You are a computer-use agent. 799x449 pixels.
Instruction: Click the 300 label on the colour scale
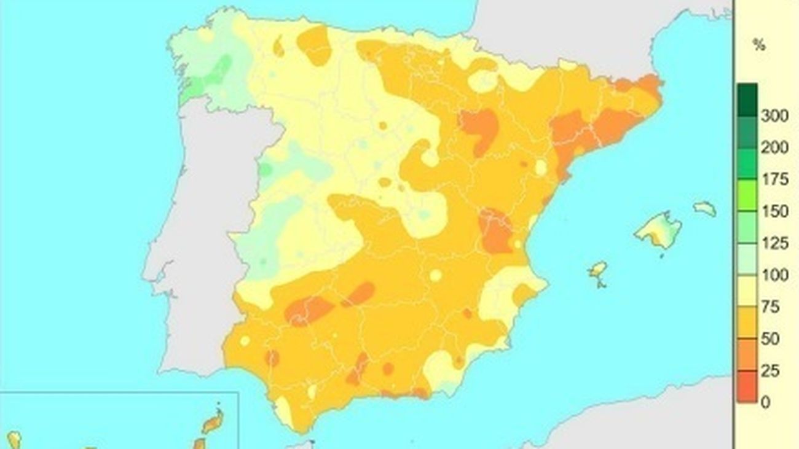774,116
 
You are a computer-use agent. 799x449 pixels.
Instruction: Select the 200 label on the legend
774,148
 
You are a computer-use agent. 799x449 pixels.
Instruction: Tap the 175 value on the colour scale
774,180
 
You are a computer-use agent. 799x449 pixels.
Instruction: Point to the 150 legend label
774,212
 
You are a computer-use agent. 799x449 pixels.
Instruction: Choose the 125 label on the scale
774,244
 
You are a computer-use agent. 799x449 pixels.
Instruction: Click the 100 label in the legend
774,276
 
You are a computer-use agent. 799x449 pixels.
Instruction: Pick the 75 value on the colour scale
770,307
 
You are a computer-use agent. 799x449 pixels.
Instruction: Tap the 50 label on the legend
770,339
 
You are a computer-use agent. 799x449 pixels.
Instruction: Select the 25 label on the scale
770,371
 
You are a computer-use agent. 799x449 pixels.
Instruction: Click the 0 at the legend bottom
765,402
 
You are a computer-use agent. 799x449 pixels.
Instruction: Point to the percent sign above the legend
759,45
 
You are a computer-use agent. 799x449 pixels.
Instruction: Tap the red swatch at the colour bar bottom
747,386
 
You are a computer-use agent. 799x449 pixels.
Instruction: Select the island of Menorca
706,208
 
